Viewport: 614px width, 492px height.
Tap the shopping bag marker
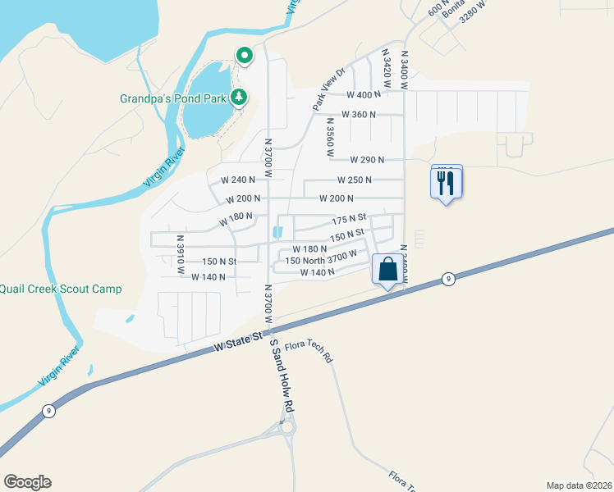coord(387,270)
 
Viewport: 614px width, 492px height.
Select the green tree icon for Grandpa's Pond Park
coord(239,98)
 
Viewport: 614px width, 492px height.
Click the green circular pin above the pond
coord(245,56)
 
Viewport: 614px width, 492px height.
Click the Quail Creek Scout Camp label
coord(61,289)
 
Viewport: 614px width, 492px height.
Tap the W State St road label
coord(238,343)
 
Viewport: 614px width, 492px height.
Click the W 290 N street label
coord(367,160)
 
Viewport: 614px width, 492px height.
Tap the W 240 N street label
coord(238,180)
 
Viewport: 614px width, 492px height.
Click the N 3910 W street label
coord(181,253)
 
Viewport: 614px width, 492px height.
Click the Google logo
coord(27,482)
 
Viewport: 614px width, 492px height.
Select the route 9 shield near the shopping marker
coord(447,279)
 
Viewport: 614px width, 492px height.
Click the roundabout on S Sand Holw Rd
coord(287,427)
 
